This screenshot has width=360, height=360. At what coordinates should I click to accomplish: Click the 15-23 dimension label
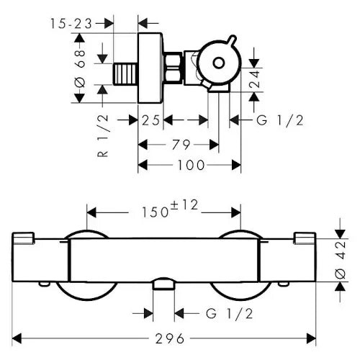pyautogui.click(x=71, y=24)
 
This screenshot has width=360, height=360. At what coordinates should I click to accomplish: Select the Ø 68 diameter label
pyautogui.click(x=80, y=69)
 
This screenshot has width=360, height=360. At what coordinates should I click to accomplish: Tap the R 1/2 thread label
pyautogui.click(x=103, y=136)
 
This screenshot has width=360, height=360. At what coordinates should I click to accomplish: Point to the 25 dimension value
pyautogui.click(x=150, y=120)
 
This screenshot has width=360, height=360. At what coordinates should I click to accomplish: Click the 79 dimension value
pyautogui.click(x=181, y=145)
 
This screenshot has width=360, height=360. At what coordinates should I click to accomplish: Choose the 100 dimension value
pyautogui.click(x=191, y=165)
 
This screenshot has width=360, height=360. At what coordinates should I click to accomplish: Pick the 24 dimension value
pyautogui.click(x=254, y=78)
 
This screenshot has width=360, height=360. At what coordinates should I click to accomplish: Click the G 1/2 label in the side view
pyautogui.click(x=280, y=120)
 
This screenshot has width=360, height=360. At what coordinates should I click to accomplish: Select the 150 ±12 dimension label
pyautogui.click(x=170, y=209)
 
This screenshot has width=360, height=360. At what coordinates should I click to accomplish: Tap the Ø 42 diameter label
pyautogui.click(x=340, y=260)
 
